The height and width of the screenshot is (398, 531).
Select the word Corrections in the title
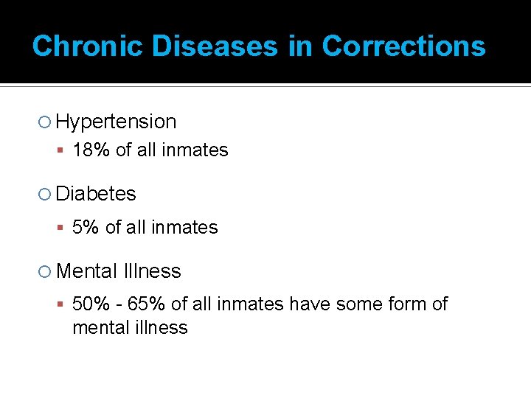403,46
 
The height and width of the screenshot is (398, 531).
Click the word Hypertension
116,122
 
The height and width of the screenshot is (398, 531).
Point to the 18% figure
91,150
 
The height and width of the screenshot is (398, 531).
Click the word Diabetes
96,194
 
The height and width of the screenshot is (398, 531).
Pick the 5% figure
86,228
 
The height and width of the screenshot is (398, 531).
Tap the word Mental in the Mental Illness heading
86,271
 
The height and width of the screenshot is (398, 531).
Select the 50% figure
91,304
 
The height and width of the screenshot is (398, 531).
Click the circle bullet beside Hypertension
46,122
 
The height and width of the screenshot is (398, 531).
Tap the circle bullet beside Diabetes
46,195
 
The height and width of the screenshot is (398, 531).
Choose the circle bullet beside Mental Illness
46,272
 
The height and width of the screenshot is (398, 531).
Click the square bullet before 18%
63,151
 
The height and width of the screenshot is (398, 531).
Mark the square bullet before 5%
63,228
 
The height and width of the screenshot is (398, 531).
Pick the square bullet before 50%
63,304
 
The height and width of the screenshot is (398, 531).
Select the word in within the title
300,46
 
